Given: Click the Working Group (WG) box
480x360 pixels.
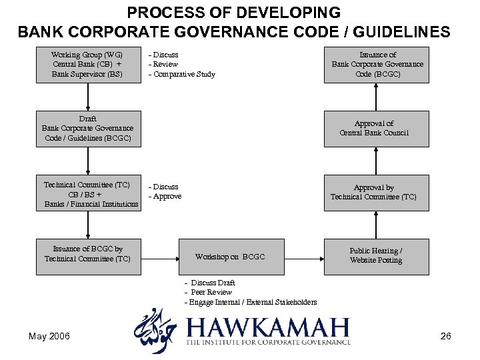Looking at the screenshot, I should (87, 65).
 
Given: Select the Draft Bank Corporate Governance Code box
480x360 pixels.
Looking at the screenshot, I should (87, 129).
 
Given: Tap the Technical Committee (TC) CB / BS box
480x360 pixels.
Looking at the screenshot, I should (87, 194).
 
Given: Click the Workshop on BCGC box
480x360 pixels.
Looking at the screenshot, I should (230, 257).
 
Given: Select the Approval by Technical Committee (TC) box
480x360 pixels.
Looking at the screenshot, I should (376, 193).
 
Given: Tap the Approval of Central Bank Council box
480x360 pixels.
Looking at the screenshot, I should (376, 129).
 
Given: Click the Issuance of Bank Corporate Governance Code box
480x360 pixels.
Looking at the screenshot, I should (376, 65).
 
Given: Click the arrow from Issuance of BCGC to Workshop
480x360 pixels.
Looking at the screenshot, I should (159, 257).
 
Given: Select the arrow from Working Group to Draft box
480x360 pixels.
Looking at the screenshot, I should (87, 97).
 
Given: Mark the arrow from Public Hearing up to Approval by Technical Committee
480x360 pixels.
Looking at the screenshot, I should (376, 225).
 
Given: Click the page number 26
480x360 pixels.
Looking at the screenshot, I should (446, 336).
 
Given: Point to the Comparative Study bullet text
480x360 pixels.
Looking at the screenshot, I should (182, 74).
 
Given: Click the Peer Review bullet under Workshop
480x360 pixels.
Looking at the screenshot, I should (209, 292).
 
